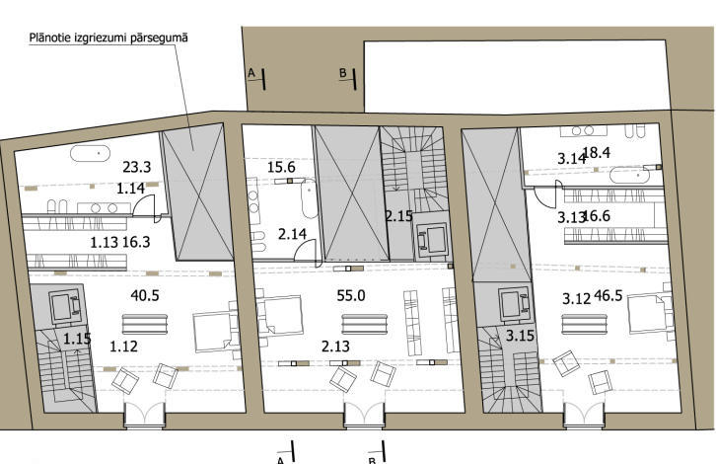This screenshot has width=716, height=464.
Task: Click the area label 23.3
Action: [136, 167]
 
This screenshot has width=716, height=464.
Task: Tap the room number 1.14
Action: [130, 189]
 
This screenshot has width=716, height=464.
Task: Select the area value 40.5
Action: [145, 295]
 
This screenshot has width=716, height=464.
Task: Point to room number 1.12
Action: [123, 347]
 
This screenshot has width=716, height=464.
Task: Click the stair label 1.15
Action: [77, 340]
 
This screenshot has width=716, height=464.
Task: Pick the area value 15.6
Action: [281, 167]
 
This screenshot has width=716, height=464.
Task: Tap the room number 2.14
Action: [292, 234]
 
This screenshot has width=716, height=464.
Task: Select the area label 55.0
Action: [351, 295]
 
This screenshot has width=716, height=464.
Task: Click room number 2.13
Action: [335, 347]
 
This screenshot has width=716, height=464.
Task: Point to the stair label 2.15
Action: [398, 216]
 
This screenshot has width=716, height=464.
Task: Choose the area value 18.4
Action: [597, 153]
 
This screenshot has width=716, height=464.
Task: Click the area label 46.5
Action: [609, 296]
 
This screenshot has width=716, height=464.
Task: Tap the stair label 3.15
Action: [520, 336]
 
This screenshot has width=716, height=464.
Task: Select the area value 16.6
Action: [597, 216]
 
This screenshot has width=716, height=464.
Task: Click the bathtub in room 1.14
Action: [91, 154]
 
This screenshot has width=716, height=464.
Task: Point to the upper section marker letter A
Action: [251, 73]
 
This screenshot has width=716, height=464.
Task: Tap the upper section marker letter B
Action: [343, 73]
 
